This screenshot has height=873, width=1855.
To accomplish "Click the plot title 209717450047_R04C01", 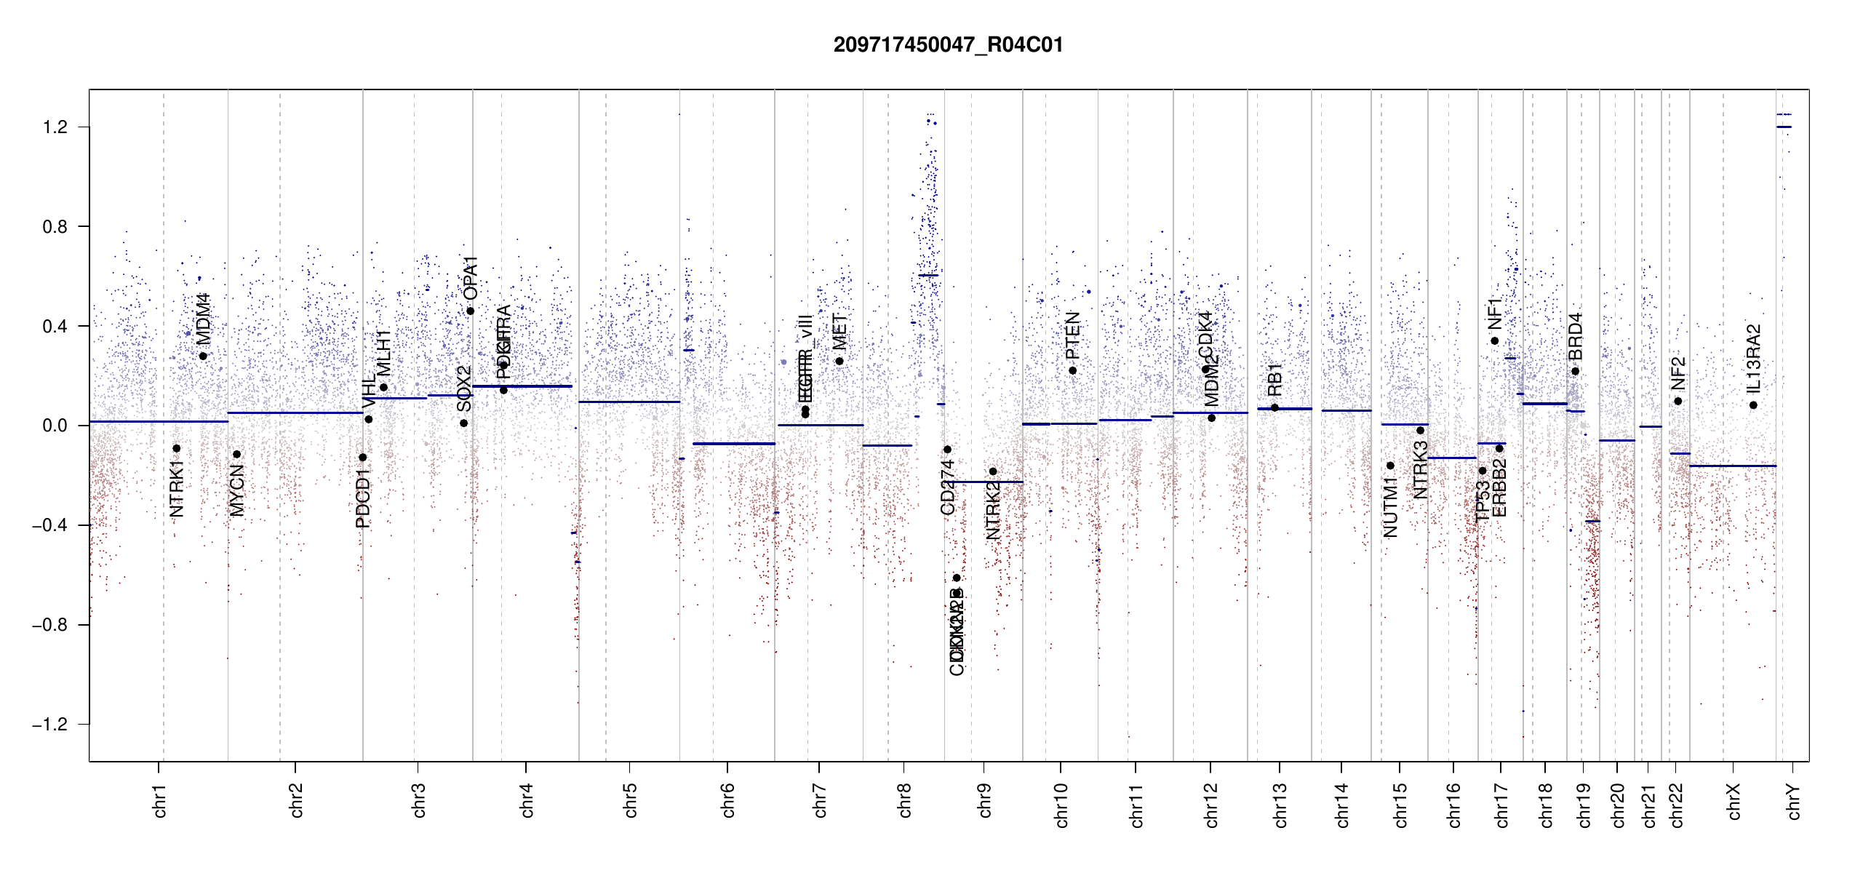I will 948,45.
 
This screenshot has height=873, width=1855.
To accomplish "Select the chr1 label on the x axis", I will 160,801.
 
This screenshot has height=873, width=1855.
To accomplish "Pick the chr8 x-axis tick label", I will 905,801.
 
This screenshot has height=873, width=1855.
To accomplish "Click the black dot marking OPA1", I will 471,311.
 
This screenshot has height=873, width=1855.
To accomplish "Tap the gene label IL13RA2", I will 1753,358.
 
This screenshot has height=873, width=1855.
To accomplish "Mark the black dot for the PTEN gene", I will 1072,370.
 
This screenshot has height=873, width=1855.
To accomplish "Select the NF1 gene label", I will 1495,314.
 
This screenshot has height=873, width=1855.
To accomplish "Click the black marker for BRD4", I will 1575,371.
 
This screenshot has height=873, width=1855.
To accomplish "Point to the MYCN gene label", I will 237,491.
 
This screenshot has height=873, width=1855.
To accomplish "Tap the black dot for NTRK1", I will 176,448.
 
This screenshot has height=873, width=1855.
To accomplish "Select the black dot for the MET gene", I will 839,361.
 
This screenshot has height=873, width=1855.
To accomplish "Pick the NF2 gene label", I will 1678,373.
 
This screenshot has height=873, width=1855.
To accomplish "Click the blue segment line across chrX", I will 1732,466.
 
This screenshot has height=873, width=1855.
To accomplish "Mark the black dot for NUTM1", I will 1390,466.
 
